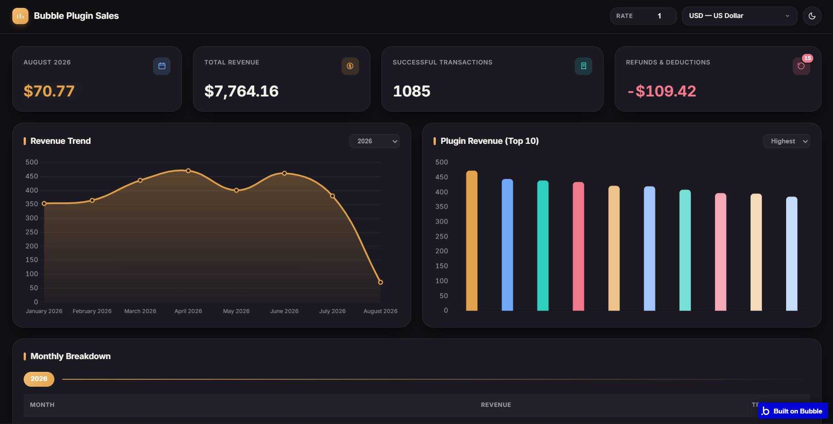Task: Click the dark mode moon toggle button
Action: (x=812, y=16)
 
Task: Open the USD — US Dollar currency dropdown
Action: (x=740, y=16)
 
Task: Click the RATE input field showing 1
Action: (x=643, y=16)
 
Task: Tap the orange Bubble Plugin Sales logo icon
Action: (x=20, y=16)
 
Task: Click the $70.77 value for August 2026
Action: (x=49, y=91)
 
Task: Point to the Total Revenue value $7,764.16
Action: (x=241, y=91)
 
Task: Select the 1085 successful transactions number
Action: (x=412, y=91)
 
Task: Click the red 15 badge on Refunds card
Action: (x=808, y=58)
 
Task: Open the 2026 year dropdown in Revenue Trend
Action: (x=374, y=141)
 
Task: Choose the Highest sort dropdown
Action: (x=787, y=141)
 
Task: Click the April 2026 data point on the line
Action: (x=188, y=171)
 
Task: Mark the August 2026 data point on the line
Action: (x=381, y=282)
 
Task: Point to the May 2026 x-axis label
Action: (x=236, y=311)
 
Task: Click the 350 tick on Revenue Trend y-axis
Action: (x=32, y=204)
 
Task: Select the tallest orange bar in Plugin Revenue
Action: (x=472, y=241)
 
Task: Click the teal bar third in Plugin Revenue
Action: (x=543, y=246)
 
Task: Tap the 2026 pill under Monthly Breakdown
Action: (x=39, y=379)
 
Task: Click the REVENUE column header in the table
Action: (x=496, y=405)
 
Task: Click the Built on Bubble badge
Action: (x=793, y=411)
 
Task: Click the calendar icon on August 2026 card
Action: (x=162, y=66)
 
